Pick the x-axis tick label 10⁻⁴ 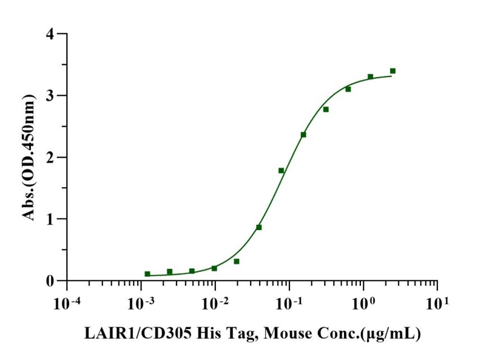[x=66, y=303]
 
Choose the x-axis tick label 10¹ [x=438, y=303]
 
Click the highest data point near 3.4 [x=392, y=71]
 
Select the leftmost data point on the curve [x=147, y=274]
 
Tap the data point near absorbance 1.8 [x=281, y=170]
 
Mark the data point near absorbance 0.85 [x=259, y=227]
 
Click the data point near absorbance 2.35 [x=304, y=135]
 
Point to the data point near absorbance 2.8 [x=325, y=109]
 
